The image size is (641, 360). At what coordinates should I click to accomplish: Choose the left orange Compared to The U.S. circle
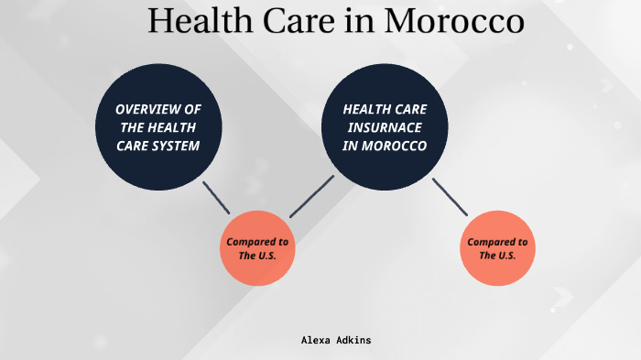[257, 248]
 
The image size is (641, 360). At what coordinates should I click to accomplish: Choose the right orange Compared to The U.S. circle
[497, 248]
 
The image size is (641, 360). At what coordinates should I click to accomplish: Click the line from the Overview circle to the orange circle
[216, 198]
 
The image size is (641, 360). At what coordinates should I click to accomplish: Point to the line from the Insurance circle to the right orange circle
[450, 195]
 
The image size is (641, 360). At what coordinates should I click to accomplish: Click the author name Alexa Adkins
[336, 340]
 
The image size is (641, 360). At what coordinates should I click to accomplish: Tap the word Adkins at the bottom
[353, 340]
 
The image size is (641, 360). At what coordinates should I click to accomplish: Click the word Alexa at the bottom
[316, 340]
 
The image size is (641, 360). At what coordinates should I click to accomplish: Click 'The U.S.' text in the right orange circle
[497, 256]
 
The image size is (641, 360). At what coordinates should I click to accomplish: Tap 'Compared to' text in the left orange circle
[257, 241]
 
